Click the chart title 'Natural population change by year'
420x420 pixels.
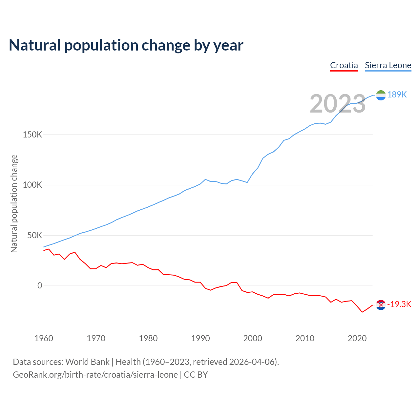[126, 45]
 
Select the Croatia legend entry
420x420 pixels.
[344, 65]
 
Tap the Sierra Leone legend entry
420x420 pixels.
[388, 65]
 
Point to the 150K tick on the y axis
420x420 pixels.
[32, 135]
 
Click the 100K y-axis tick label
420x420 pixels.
[32, 185]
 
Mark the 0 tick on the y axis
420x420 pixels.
[40, 285]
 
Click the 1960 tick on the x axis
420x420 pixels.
[44, 338]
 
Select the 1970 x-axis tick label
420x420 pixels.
[96, 338]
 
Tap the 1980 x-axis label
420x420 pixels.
[148, 338]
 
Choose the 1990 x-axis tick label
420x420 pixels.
[200, 338]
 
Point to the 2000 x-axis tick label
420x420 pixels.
[253, 338]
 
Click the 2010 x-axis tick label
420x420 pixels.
[305, 338]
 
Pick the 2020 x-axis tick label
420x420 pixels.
[357, 338]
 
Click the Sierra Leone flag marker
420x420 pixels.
[381, 95]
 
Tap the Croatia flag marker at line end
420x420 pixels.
[381, 305]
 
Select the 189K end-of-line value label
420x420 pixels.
[397, 95]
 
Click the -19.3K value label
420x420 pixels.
[399, 304]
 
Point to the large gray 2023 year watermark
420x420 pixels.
[337, 104]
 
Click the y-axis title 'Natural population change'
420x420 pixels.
[14, 203]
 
